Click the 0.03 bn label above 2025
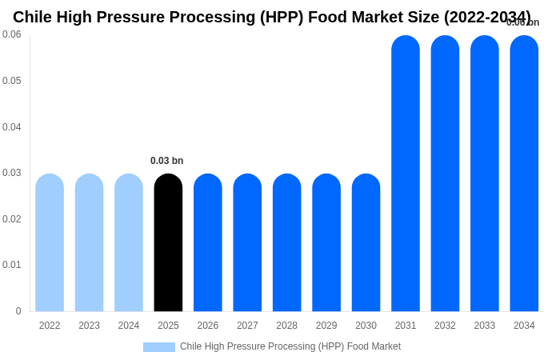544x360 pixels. [166, 161]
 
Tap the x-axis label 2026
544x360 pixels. [208, 326]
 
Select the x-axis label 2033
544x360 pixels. [485, 326]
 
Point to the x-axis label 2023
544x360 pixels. [89, 326]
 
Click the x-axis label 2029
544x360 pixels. [326, 326]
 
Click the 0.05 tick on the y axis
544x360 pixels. [12, 81]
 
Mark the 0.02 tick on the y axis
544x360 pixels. [12, 219]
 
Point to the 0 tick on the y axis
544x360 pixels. [18, 311]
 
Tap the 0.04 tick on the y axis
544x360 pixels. [12, 127]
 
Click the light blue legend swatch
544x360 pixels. [158, 347]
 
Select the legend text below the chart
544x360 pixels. [290, 346]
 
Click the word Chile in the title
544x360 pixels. [33, 17]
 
